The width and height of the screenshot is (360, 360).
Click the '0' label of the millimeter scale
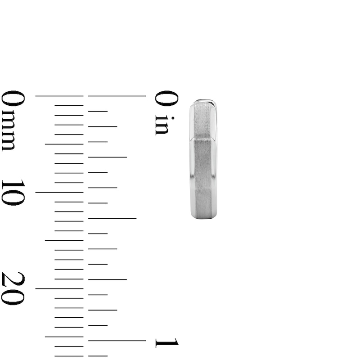pos(13,99)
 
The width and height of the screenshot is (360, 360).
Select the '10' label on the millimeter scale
pos(13,192)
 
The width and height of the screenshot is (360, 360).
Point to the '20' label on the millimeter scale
pos(13,288)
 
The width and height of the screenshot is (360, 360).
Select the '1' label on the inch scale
pos(167,343)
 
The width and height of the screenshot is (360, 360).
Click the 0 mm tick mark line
pos(59,96)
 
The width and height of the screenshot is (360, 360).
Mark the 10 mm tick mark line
pos(59,192)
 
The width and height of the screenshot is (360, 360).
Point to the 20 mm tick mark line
pos(59,288)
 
